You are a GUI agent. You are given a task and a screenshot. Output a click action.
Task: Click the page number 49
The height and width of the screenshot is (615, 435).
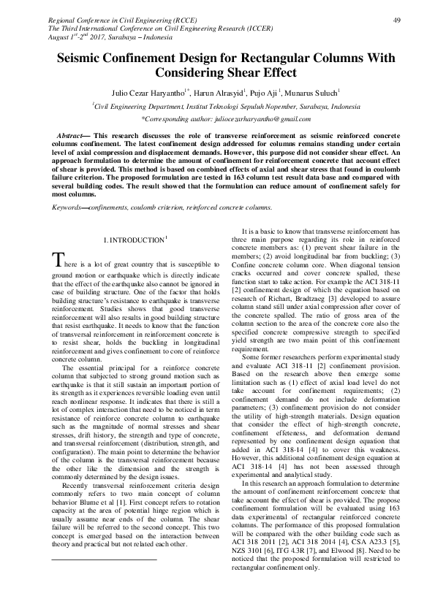tap(394, 19)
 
